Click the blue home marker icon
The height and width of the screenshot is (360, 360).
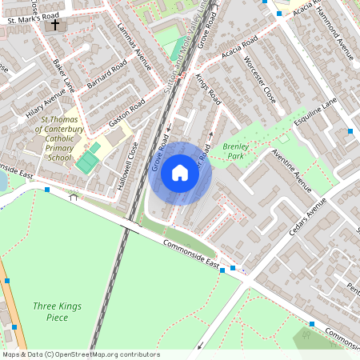click(180, 171)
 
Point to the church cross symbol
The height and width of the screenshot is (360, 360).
click(55, 25)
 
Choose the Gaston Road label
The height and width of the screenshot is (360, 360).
click(126, 115)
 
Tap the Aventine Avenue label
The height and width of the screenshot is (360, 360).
click(291, 170)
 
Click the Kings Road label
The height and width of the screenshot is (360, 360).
click(207, 88)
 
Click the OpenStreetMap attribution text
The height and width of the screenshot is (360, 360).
click(80, 354)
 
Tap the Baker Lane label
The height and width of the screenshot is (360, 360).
click(62, 74)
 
